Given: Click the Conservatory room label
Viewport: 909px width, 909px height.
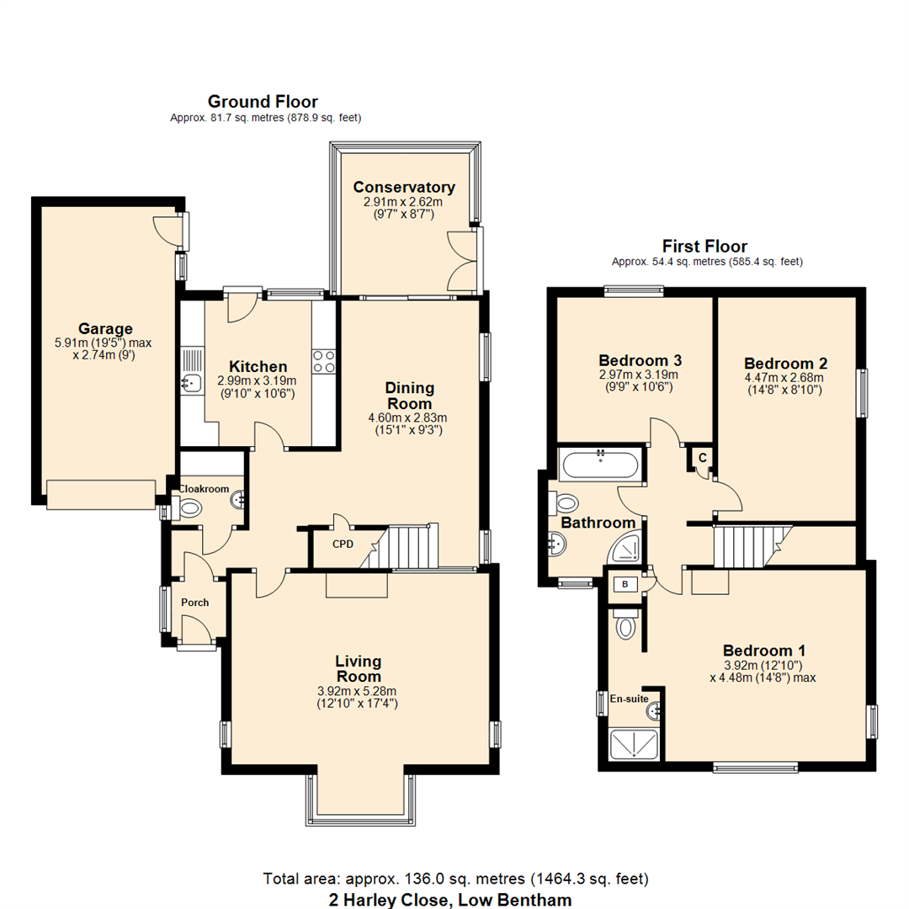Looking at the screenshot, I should pyautogui.click(x=404, y=187).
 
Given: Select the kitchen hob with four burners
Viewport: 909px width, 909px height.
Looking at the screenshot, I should pyautogui.click(x=325, y=361).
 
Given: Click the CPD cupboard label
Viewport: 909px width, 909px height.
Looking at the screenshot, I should pyautogui.click(x=342, y=544).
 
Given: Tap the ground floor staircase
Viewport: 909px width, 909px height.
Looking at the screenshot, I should pyautogui.click(x=408, y=547).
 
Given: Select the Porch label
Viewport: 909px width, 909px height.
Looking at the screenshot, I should pyautogui.click(x=194, y=603).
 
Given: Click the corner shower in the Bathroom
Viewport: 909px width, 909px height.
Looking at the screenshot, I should pyautogui.click(x=625, y=550).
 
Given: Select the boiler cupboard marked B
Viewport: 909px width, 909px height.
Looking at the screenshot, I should pyautogui.click(x=625, y=583).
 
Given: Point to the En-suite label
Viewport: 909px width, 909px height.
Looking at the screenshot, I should pyautogui.click(x=629, y=698).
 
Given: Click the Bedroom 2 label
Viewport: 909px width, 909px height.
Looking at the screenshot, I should pyautogui.click(x=785, y=364).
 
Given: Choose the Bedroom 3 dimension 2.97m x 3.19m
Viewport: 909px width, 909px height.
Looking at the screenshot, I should pyautogui.click(x=638, y=375).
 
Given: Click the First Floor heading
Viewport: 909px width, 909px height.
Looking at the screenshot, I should pyautogui.click(x=704, y=247).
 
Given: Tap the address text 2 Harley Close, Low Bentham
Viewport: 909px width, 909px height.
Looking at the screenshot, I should pyautogui.click(x=449, y=899).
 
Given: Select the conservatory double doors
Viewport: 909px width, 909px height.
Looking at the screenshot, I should pyautogui.click(x=463, y=257).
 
